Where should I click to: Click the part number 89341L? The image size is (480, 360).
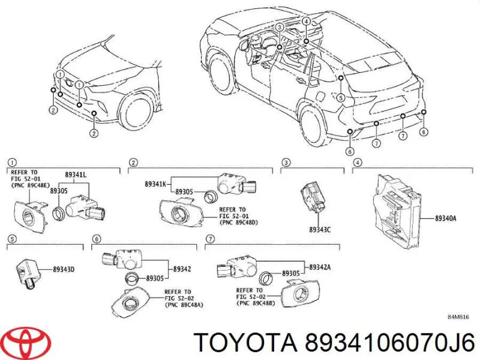click(76, 175)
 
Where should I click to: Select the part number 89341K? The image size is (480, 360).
click(155, 184)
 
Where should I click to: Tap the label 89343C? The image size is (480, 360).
click(320, 229)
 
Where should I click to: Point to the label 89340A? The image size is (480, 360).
click(446, 218)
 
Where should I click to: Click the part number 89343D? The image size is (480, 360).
click(64, 269)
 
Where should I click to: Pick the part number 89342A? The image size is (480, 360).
click(320, 267)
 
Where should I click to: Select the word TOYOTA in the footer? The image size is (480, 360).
click(246, 342)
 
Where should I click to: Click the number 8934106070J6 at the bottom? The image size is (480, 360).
click(390, 342)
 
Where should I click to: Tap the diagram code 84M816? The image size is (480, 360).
click(458, 317)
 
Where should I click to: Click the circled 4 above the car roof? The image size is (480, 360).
click(306, 22)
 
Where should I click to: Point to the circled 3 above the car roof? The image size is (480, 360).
click(279, 28)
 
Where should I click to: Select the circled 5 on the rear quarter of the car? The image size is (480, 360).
click(341, 98)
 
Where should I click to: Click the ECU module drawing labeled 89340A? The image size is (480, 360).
click(397, 211)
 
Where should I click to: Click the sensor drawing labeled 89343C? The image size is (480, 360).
click(314, 198)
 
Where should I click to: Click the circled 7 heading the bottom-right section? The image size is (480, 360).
click(210, 239)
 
